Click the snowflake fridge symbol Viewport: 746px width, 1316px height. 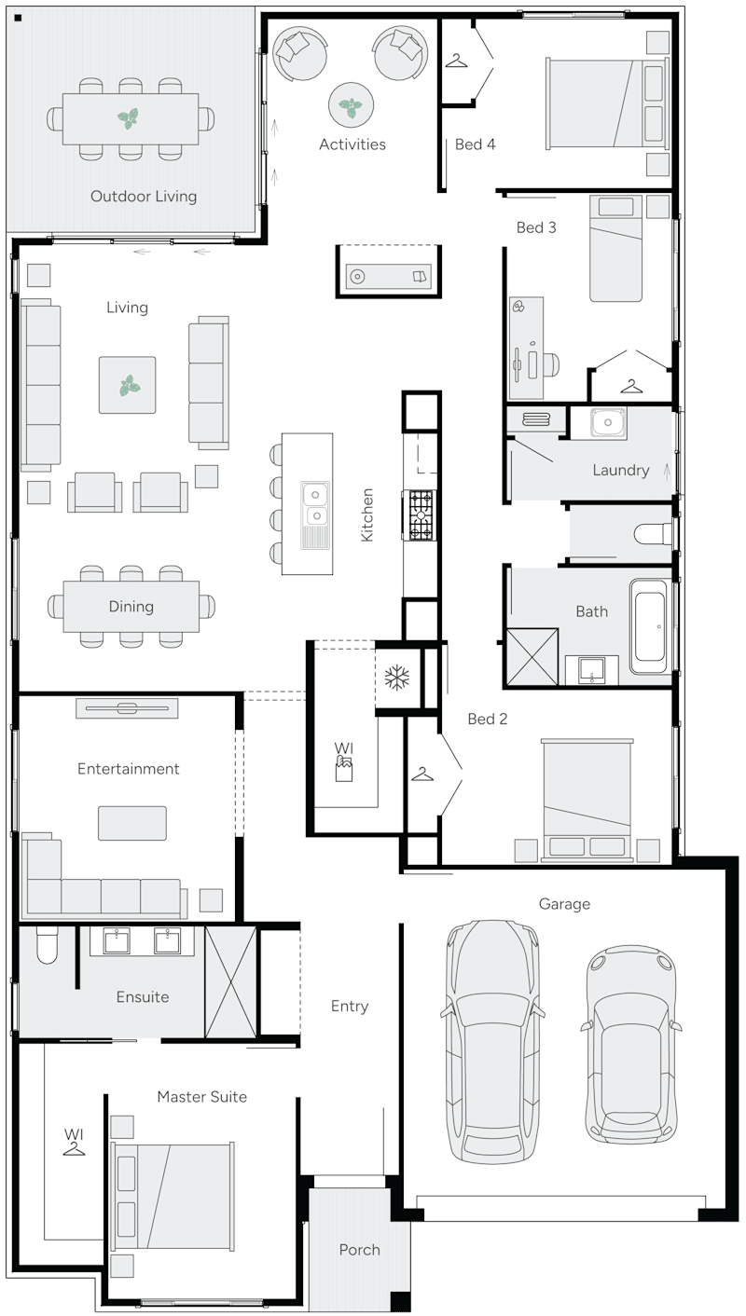[x=398, y=678]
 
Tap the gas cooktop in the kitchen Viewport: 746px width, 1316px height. [x=421, y=515]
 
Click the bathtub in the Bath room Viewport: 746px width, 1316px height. [x=648, y=625]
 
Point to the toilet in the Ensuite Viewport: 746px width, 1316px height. [x=47, y=945]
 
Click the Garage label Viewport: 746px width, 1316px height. [x=564, y=904]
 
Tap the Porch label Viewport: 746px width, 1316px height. [x=359, y=1250]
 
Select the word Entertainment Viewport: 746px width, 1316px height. [x=128, y=769]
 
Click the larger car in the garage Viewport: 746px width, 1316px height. [x=491, y=1039]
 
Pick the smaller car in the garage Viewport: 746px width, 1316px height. [x=630, y=1044]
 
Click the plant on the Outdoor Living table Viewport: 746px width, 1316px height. [x=130, y=118]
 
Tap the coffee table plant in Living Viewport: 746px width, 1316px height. [x=128, y=385]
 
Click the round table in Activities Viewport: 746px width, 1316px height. [x=351, y=105]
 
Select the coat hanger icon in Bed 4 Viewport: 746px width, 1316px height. [x=456, y=62]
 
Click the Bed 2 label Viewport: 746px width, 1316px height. [x=488, y=719]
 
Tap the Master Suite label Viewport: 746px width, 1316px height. [x=201, y=1097]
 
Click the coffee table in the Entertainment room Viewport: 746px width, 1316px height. [x=132, y=823]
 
